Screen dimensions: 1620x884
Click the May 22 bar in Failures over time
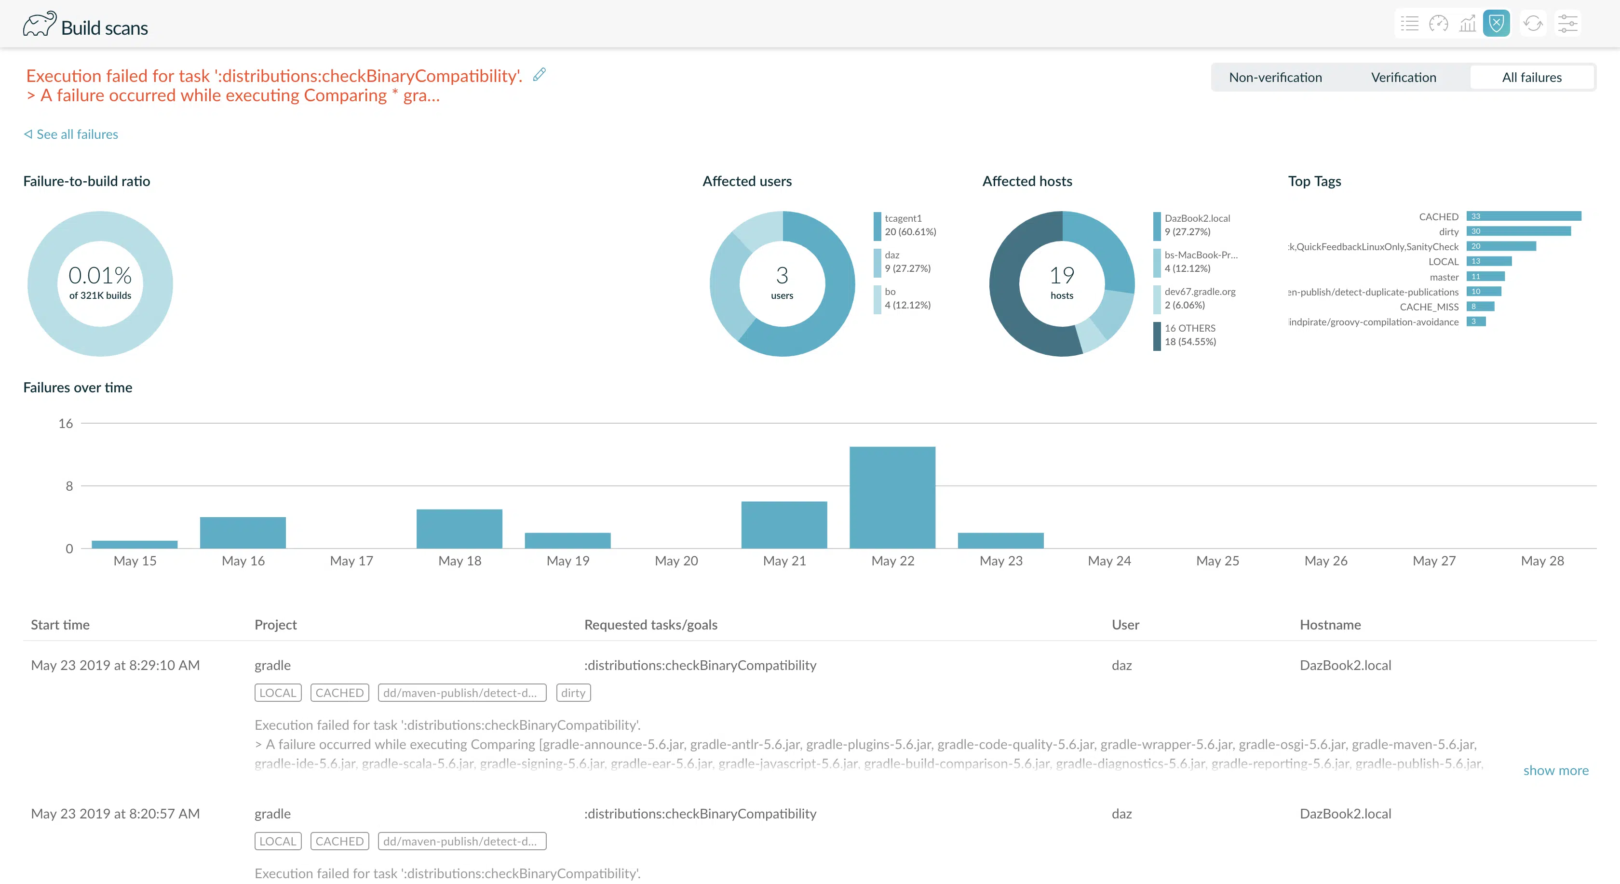click(892, 497)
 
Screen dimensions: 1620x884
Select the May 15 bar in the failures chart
click(135, 545)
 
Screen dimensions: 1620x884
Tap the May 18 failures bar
click(459, 529)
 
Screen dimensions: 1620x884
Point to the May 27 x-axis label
click(1434, 561)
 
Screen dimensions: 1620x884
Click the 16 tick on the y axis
click(66, 424)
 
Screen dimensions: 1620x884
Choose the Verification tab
click(1404, 77)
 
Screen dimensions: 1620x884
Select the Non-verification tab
click(1275, 77)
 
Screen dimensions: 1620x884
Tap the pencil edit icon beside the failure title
click(539, 75)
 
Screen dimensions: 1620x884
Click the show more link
click(1555, 770)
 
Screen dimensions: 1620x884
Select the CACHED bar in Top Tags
click(1523, 216)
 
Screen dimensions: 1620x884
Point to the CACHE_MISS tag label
click(1429, 307)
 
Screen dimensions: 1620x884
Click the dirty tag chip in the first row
click(573, 692)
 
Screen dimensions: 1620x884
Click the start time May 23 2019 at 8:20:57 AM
click(115, 814)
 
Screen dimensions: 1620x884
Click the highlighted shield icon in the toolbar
click(1496, 24)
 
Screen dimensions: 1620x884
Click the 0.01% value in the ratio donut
click(100, 275)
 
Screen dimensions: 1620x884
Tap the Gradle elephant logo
click(40, 24)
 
